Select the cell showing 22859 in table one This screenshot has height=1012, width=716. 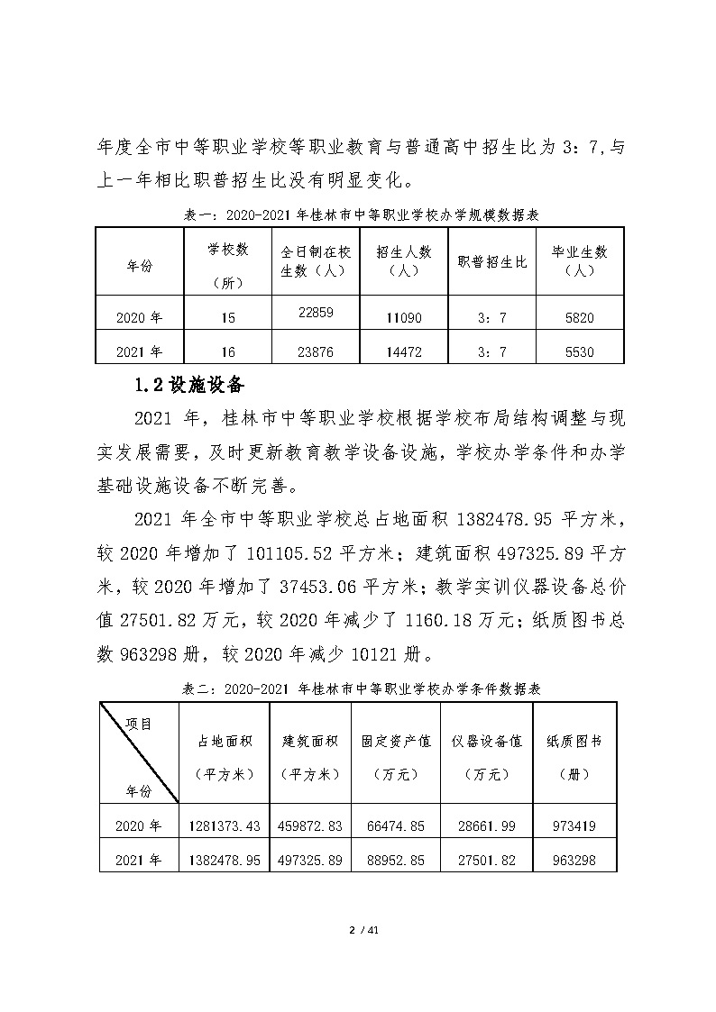coord(316,312)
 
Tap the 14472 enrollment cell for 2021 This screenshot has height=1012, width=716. coord(402,352)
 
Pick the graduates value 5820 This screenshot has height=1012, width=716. coord(577,318)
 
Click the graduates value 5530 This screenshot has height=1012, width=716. coord(577,352)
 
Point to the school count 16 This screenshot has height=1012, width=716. coord(227,352)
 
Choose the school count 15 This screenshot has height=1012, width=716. coord(227,318)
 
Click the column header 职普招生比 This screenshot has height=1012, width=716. coord(491,261)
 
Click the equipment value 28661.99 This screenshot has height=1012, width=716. coord(491,825)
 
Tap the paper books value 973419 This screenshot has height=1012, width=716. coord(575,825)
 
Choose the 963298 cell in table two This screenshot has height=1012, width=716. coord(575,861)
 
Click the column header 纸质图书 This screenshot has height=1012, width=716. coord(574,741)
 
